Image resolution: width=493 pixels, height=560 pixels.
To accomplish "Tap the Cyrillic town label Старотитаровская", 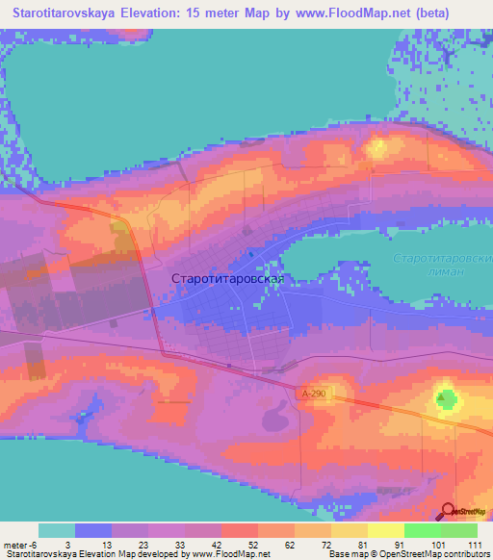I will pyautogui.click(x=227, y=278).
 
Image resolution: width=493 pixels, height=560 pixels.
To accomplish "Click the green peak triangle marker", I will pyautogui.click(x=445, y=396).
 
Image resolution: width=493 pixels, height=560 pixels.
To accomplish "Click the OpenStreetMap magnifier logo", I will pyautogui.click(x=450, y=512).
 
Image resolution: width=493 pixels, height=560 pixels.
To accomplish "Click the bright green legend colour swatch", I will pyautogui.click(x=422, y=530).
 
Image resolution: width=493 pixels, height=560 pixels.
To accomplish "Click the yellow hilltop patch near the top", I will pyautogui.click(x=377, y=147).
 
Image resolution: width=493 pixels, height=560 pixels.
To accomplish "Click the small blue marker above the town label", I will pyautogui.click(x=251, y=254).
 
